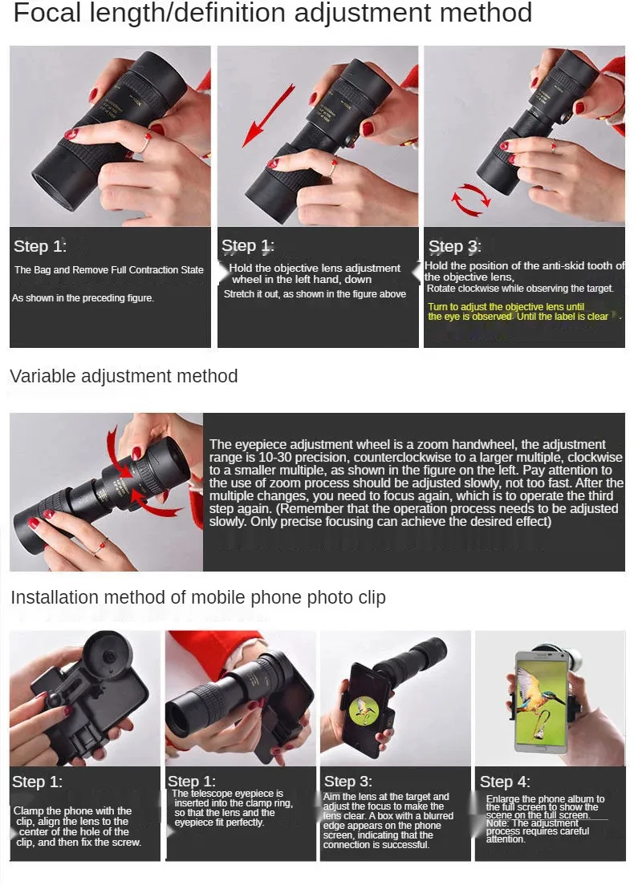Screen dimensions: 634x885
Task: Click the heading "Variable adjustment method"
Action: coord(124,376)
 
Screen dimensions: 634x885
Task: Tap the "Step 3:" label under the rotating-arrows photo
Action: coord(454,246)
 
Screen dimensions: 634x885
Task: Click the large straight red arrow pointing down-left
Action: coord(268,115)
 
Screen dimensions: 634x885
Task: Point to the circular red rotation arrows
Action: coord(470,200)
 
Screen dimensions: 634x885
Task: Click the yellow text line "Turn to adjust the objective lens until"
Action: coord(506,306)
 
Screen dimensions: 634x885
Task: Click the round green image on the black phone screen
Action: coord(364,710)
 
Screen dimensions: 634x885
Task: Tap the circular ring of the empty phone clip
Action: coord(108,657)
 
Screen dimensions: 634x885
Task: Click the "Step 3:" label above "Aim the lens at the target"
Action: coord(347,781)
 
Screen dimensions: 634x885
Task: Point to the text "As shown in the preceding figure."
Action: coord(83,298)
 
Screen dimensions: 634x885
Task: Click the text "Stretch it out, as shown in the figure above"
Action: coord(315,294)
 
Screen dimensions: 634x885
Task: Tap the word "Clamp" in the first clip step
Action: coord(28,811)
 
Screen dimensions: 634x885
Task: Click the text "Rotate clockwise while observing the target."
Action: coord(520,289)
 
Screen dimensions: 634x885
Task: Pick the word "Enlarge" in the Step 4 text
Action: coord(503,799)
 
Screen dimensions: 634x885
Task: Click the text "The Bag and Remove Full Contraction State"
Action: coord(109,270)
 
